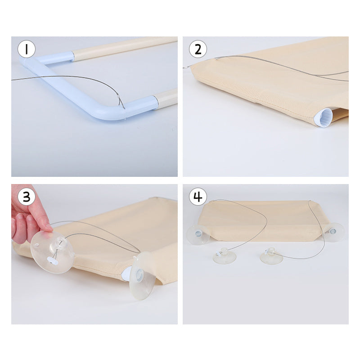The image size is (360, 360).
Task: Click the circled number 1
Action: pos(27,49)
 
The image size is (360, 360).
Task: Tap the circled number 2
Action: pos(198,49)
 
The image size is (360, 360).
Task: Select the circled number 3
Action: pos(27,197)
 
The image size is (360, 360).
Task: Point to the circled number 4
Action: pos(198,197)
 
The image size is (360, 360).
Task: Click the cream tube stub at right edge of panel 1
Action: pos(166,99)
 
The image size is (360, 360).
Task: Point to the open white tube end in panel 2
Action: pos(323,117)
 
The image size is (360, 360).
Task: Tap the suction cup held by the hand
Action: pos(53,252)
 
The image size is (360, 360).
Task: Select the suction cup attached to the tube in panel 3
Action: pos(143,275)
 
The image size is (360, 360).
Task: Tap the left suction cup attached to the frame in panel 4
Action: pos(198,234)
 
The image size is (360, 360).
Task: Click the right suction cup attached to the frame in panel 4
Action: pos(333,232)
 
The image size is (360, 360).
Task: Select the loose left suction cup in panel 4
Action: pos(224,255)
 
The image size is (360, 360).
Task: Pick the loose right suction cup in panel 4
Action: pos(271,255)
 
